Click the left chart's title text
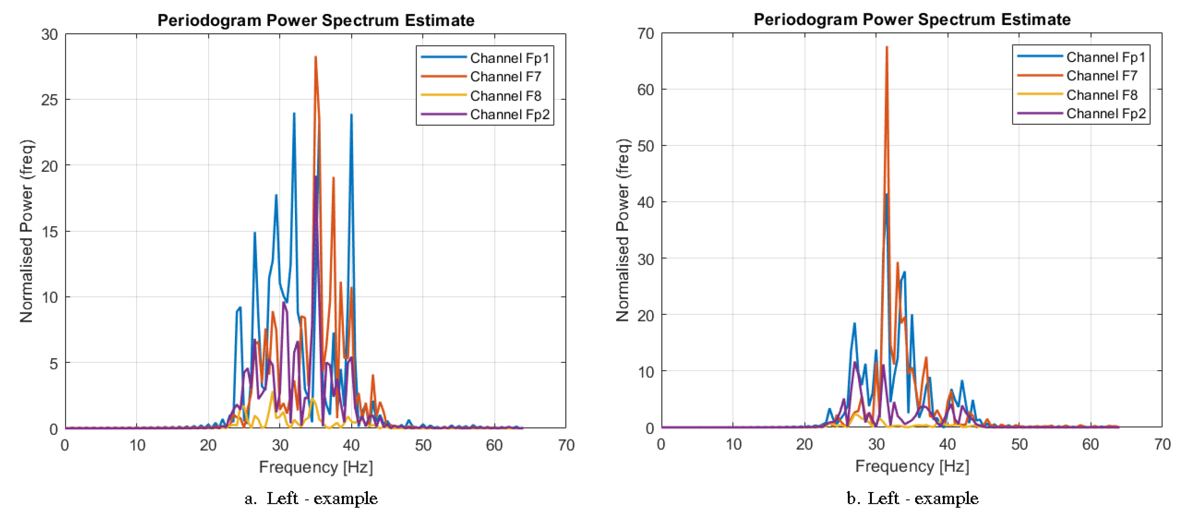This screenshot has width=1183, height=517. (316, 20)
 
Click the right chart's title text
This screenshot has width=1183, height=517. (912, 19)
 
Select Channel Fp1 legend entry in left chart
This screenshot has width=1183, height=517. (509, 58)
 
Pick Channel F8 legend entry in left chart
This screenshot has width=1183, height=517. (505, 96)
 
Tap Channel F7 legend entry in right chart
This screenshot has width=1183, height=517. (1101, 75)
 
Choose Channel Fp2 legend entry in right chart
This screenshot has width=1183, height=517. (1105, 113)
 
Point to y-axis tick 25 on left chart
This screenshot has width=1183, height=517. (50, 100)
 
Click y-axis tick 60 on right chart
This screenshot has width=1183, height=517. (645, 90)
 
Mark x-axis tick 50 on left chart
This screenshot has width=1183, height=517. (423, 445)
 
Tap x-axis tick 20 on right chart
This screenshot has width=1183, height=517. (804, 444)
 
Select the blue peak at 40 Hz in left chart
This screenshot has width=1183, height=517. (351, 115)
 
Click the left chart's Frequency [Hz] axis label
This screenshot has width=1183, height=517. (316, 467)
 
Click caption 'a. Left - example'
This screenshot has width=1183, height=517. (311, 498)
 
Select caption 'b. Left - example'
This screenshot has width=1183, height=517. (912, 498)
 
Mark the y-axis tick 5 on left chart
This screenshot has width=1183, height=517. (53, 364)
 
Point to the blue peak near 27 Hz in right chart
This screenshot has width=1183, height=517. (855, 324)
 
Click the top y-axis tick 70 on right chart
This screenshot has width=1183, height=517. (645, 33)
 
